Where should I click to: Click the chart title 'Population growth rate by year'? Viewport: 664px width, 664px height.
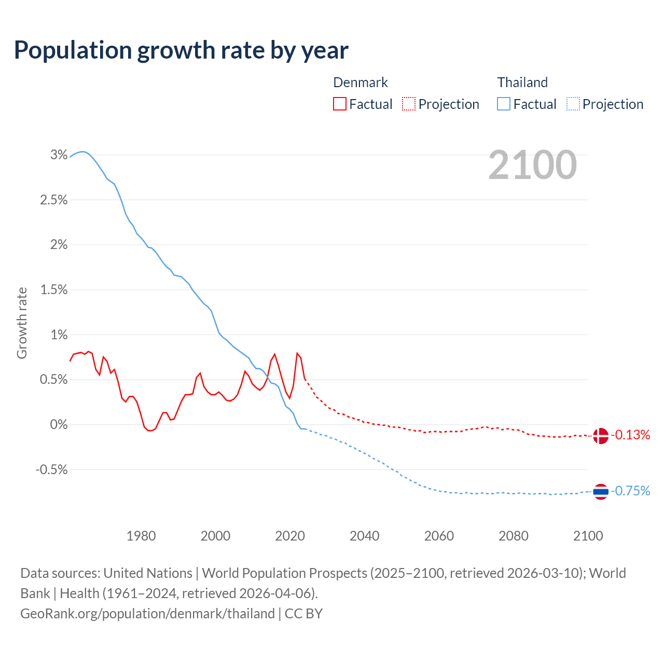(x=181, y=50)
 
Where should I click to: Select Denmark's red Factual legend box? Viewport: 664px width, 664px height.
(x=339, y=104)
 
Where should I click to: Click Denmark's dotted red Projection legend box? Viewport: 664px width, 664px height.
(x=409, y=104)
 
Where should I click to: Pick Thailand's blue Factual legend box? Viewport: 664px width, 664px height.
(x=504, y=104)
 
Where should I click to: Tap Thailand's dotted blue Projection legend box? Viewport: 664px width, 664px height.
(x=573, y=104)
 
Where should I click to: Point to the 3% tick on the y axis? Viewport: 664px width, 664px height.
(x=59, y=155)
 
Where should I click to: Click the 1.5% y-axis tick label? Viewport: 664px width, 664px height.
(x=54, y=289)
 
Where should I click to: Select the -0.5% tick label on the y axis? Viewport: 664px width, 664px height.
(x=51, y=469)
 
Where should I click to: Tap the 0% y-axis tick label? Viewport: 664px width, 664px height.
(x=59, y=424)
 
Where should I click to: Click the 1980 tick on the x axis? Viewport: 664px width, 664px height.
(x=141, y=536)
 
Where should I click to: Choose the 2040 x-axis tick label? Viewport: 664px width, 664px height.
(x=364, y=536)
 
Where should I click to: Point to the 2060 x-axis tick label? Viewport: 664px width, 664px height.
(x=439, y=536)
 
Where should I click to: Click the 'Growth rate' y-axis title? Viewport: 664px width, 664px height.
(x=22, y=323)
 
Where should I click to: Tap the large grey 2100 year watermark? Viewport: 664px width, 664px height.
(x=532, y=165)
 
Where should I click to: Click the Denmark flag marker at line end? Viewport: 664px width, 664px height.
(x=601, y=436)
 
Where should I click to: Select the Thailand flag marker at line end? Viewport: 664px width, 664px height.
(x=601, y=491)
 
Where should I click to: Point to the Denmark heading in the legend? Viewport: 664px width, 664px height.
(x=361, y=82)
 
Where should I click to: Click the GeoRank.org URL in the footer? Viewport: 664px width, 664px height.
(x=148, y=613)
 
